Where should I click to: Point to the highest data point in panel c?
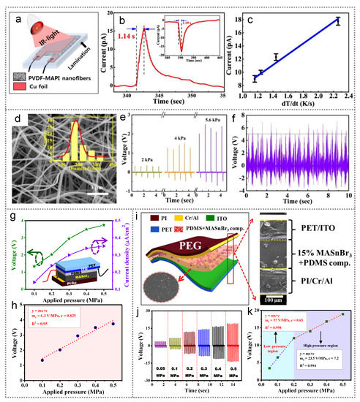(337, 22)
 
